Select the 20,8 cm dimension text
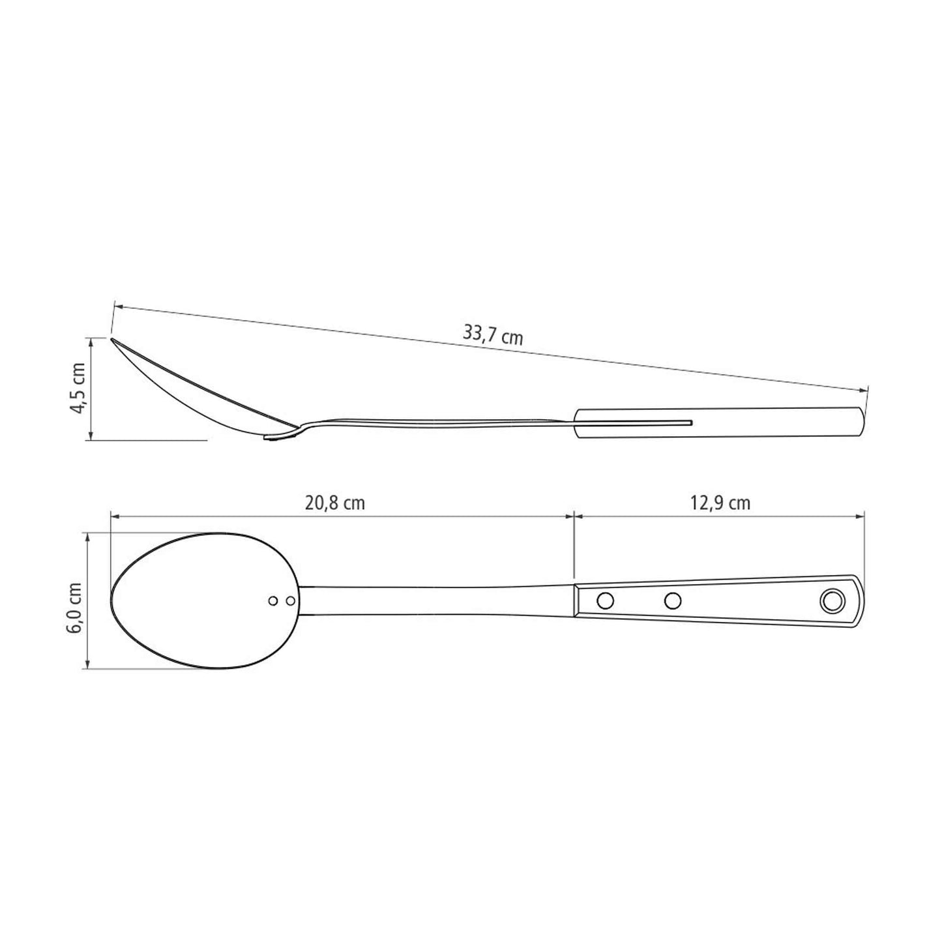[x=335, y=503]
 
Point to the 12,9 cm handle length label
[x=720, y=503]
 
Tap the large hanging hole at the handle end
[x=831, y=600]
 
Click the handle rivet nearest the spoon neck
[x=606, y=600]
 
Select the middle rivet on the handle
[x=673, y=600]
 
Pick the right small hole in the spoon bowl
[x=291, y=600]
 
